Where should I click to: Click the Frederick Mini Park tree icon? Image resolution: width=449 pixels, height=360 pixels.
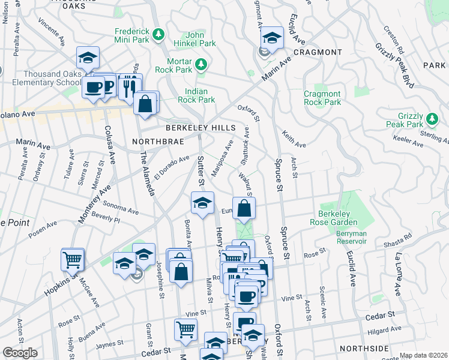(158, 34)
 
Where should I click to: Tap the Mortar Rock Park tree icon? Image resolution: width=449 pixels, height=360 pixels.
(203, 62)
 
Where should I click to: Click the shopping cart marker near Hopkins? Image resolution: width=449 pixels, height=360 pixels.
(73, 260)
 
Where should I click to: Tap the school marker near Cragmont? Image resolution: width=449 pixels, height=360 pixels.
(272, 38)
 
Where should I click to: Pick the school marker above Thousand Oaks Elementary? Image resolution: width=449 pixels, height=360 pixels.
(88, 58)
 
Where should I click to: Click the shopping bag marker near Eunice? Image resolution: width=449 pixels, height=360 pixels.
(244, 210)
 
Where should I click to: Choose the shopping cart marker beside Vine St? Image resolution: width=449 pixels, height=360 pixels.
(185, 329)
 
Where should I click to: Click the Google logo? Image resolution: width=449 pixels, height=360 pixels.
(20, 353)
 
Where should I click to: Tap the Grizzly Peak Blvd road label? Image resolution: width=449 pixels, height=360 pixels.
(396, 66)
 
